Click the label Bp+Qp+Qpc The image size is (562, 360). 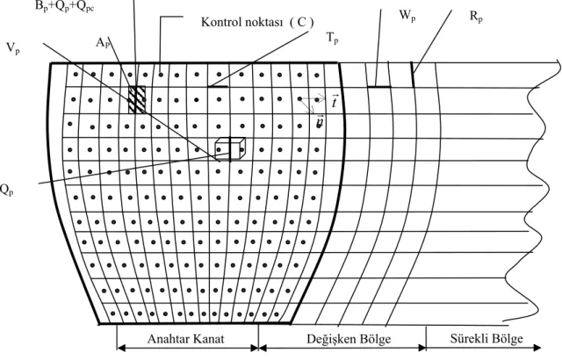(x=65, y=7)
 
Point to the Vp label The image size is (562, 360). (x=13, y=48)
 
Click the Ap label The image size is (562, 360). (x=103, y=43)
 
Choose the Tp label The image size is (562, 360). (x=332, y=38)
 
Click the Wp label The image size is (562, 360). (x=407, y=15)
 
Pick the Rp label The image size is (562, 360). (x=476, y=17)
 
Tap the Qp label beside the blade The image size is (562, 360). (x=6, y=190)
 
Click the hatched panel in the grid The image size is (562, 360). (x=137, y=99)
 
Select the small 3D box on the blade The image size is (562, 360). (x=230, y=149)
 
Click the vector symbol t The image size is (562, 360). (x=335, y=101)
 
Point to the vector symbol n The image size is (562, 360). (x=320, y=122)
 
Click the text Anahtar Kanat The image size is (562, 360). (x=185, y=339)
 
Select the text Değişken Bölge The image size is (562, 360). (x=349, y=339)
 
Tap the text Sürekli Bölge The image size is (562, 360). (x=486, y=338)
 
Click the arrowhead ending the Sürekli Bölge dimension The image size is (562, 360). (x=537, y=347)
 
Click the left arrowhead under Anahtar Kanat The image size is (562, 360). (x=121, y=348)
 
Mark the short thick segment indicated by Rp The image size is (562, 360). (x=413, y=75)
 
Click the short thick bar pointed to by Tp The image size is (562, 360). (x=218, y=86)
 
